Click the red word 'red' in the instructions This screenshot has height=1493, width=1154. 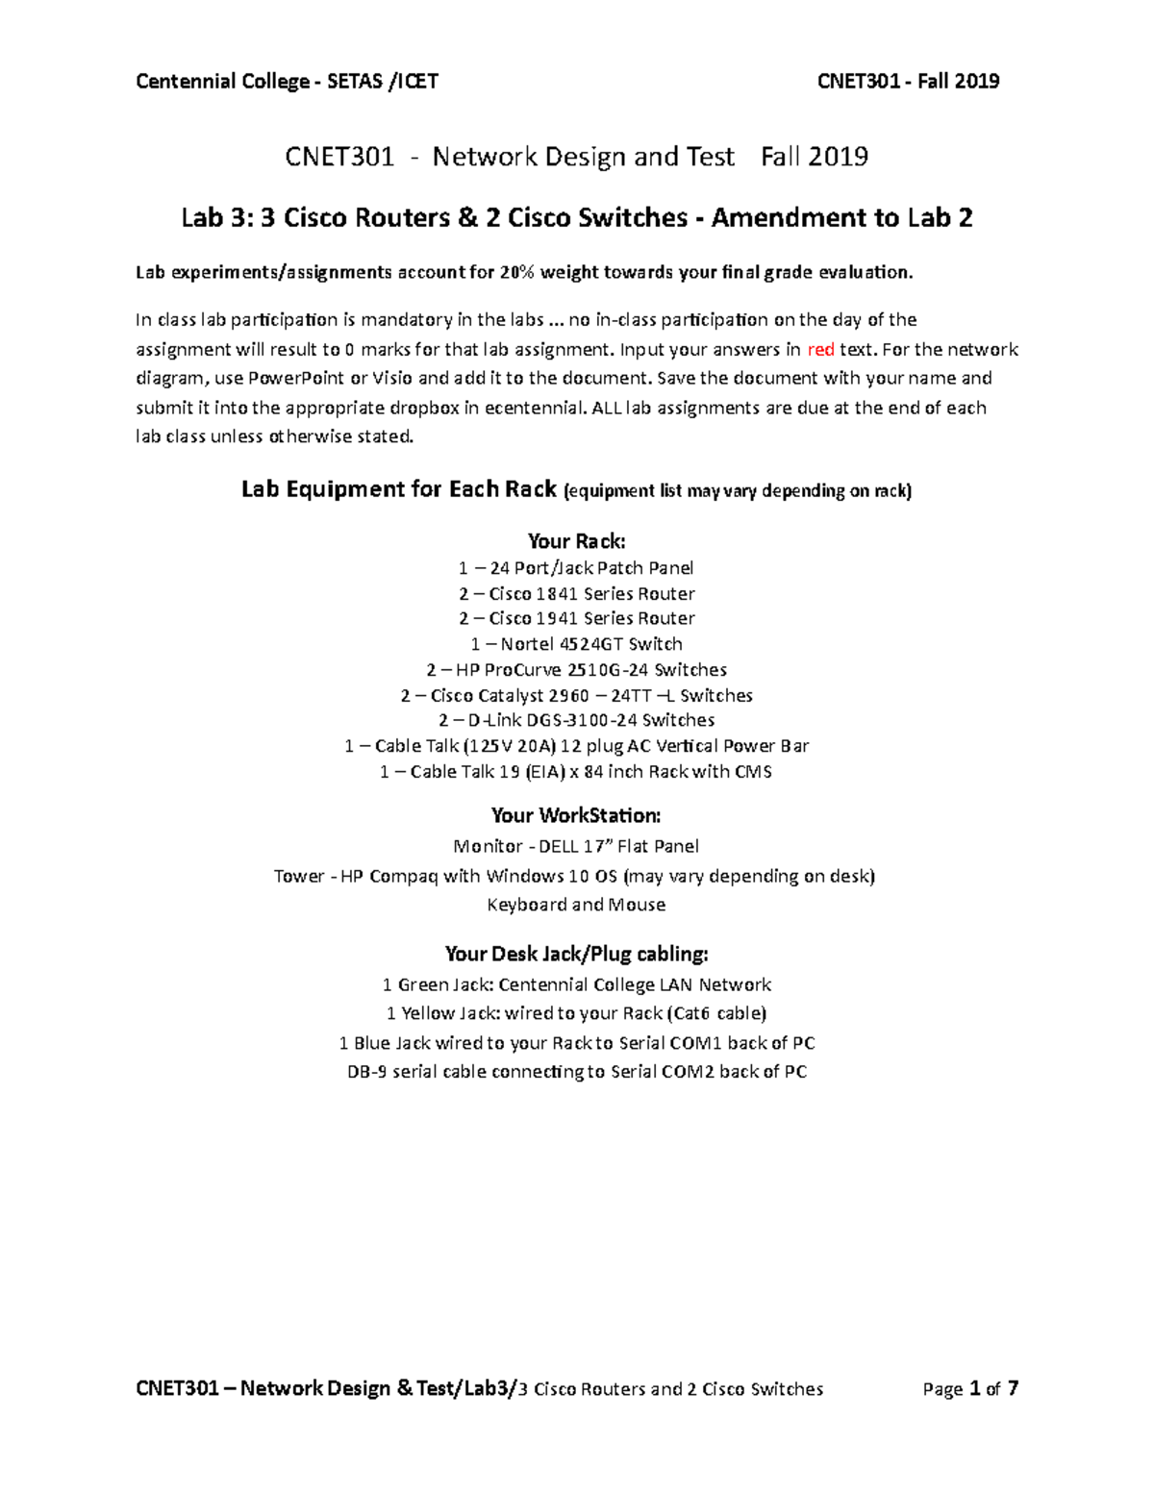[x=820, y=349]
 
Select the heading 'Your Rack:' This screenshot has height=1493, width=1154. [x=576, y=540]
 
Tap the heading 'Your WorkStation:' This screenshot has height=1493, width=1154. [x=576, y=815]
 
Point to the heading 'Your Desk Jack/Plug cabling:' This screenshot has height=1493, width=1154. [x=576, y=954]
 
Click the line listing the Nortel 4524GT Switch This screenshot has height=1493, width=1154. [x=576, y=644]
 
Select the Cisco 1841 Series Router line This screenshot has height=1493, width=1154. [x=576, y=593]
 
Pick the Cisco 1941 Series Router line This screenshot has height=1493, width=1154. [x=576, y=618]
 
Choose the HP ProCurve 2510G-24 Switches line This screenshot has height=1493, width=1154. [x=576, y=669]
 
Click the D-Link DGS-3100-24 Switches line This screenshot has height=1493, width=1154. [x=576, y=720]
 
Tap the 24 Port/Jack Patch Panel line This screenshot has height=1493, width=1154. [x=576, y=567]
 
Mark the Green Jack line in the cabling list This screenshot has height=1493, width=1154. [x=576, y=984]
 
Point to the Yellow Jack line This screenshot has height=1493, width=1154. [x=576, y=1013]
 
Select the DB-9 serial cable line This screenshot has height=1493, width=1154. [x=576, y=1071]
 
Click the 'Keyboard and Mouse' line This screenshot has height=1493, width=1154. [x=576, y=905]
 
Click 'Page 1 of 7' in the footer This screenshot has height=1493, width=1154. [x=969, y=1388]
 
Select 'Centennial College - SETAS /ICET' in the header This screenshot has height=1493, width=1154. [x=287, y=82]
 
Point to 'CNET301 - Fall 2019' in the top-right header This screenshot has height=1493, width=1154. [x=908, y=82]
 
